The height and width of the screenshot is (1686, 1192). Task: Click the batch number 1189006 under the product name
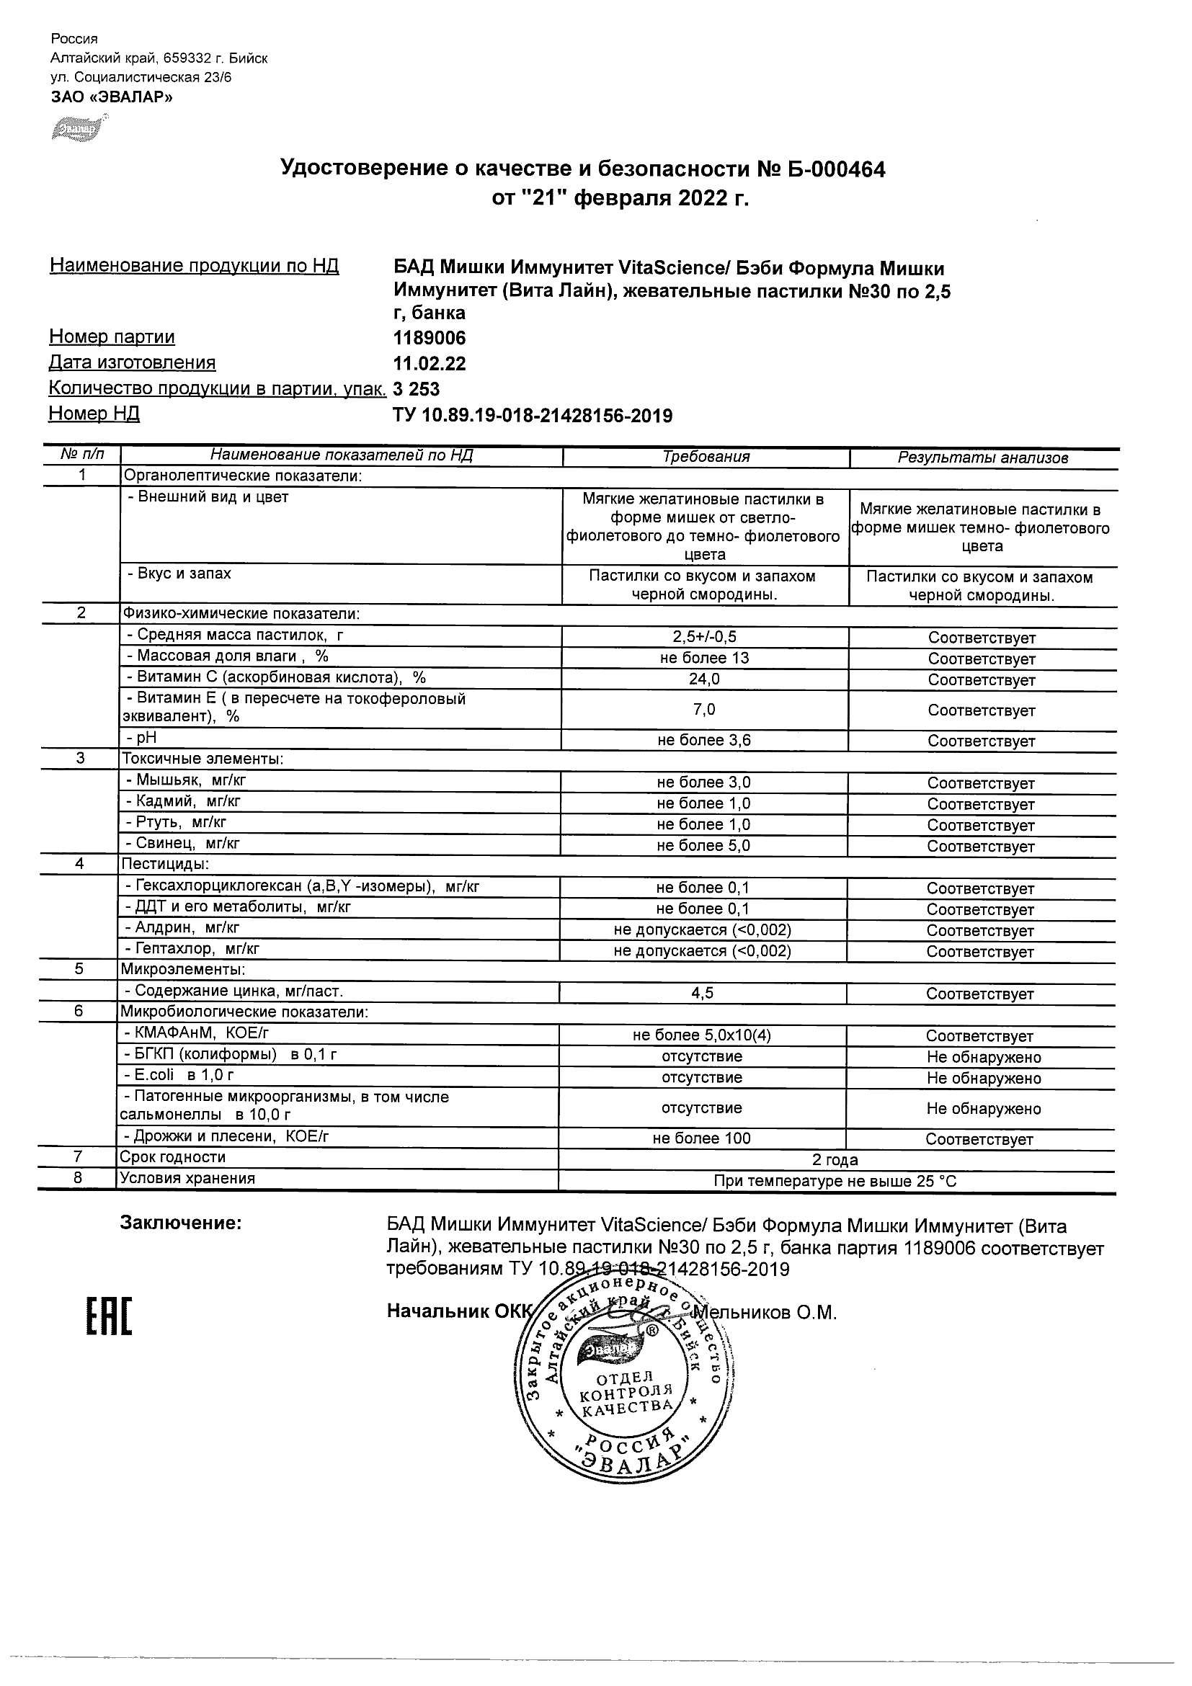click(430, 338)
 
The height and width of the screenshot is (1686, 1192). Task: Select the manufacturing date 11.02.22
click(430, 363)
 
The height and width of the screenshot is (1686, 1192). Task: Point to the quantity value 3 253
click(417, 388)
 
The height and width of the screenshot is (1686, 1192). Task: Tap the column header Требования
click(706, 457)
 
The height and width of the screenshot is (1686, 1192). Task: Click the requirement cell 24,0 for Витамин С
click(703, 679)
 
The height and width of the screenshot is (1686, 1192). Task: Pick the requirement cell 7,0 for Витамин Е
click(703, 710)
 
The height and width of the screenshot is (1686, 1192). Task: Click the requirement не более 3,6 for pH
click(703, 740)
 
